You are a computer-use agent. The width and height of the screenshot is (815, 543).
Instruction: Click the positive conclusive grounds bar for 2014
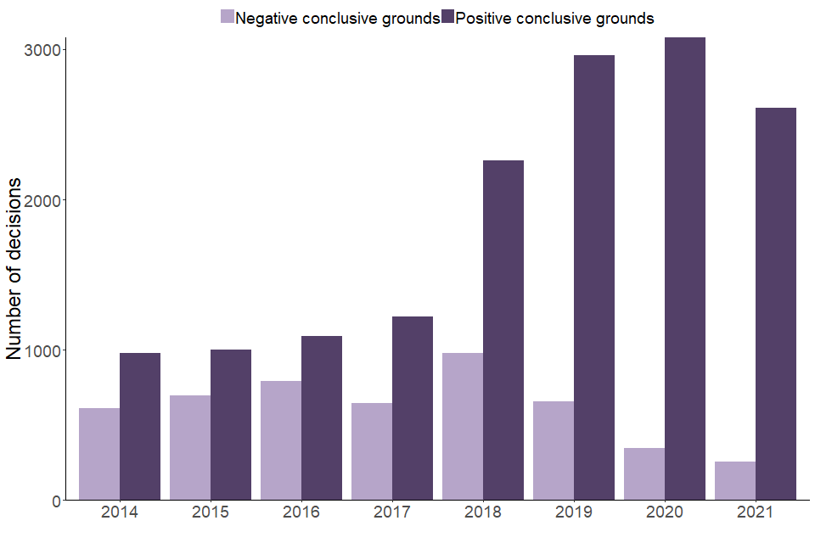click(x=140, y=426)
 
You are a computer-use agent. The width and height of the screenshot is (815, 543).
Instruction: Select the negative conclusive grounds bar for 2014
click(x=99, y=454)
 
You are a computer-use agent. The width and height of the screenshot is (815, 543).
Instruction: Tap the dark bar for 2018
click(x=503, y=330)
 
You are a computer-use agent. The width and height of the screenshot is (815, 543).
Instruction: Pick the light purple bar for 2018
click(x=463, y=426)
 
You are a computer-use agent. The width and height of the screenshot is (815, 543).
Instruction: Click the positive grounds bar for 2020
click(x=685, y=268)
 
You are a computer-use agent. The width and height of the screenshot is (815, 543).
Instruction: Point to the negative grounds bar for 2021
click(x=735, y=480)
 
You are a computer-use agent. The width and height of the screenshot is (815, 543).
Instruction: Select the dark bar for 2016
click(x=322, y=417)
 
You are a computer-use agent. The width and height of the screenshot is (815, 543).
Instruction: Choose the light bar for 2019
click(x=554, y=451)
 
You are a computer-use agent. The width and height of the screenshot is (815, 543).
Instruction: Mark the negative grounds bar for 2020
click(x=644, y=473)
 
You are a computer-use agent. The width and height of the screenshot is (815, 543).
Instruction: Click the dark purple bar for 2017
click(x=413, y=408)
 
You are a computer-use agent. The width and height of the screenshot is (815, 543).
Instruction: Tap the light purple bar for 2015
click(x=190, y=447)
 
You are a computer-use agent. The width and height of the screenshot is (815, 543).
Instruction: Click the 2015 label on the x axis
click(x=211, y=512)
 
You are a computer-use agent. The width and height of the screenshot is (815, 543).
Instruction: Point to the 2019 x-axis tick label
click(x=574, y=512)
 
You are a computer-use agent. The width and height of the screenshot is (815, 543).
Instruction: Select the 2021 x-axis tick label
click(x=756, y=512)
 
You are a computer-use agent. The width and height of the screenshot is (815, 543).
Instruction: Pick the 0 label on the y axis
click(x=56, y=501)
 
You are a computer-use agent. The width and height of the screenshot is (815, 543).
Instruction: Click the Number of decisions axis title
click(x=15, y=269)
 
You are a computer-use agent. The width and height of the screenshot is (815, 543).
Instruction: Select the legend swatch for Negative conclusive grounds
click(x=228, y=17)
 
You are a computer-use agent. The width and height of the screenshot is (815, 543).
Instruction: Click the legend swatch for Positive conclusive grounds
click(x=447, y=17)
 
